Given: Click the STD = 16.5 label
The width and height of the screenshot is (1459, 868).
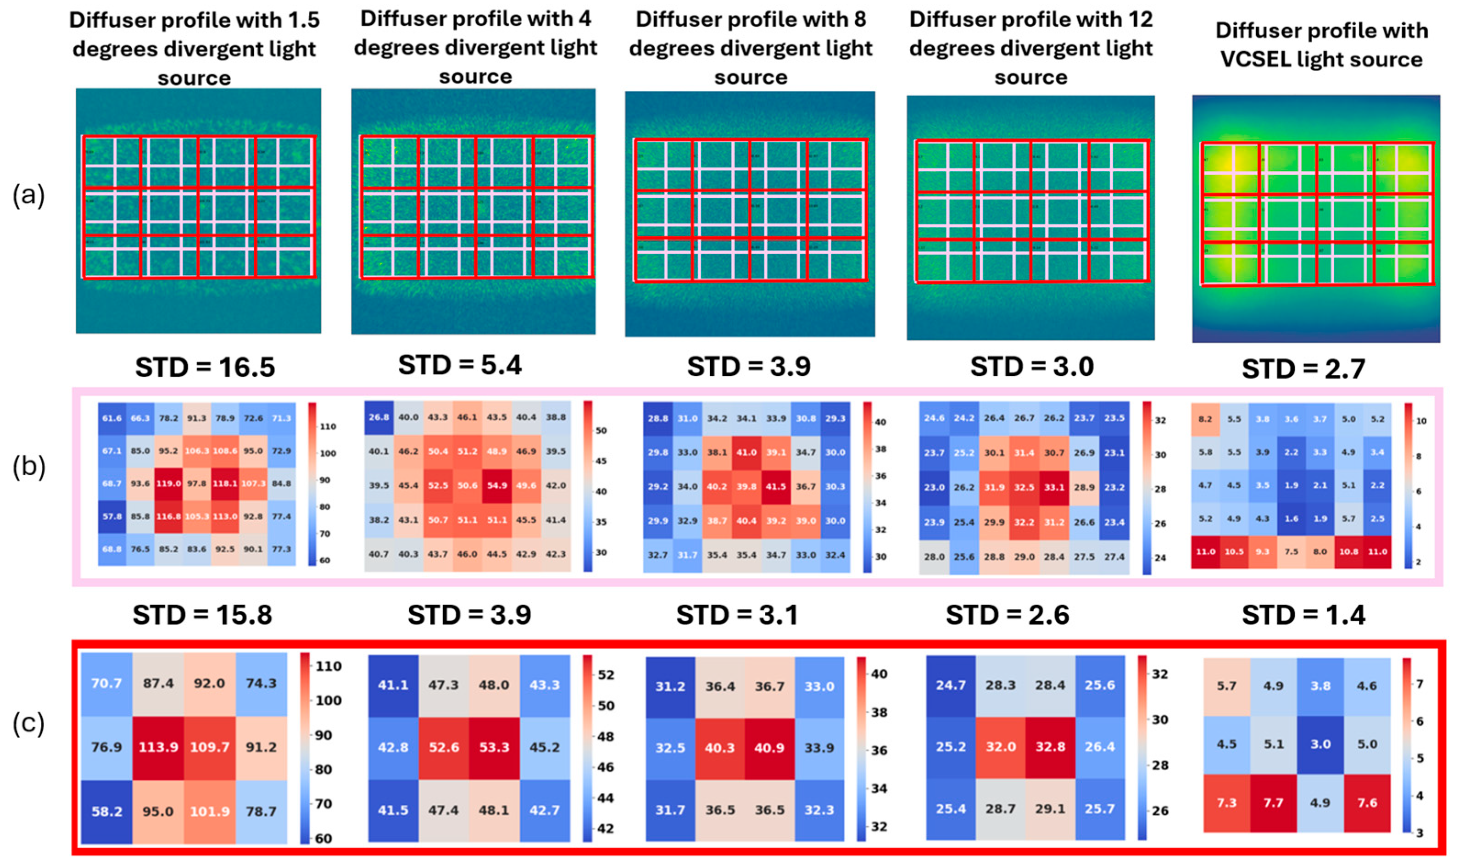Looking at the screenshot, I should pos(205,367).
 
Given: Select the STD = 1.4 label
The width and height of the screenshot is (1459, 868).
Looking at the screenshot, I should pos(1303,615).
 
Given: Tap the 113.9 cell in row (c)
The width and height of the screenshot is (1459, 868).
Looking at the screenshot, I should pos(158,747).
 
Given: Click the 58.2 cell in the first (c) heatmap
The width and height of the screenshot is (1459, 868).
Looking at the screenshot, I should pos(106,811).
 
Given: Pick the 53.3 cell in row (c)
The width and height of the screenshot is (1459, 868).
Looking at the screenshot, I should pos(494,747).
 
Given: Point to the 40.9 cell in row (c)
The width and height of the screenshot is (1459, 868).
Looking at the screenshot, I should pos(769,747).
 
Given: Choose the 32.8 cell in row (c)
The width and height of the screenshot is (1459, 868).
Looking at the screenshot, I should pos(1050,746).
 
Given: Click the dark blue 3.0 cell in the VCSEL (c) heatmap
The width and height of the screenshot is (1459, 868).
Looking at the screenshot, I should pos(1320,744).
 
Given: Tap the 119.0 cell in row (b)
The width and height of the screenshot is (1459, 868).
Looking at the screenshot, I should pos(168,484).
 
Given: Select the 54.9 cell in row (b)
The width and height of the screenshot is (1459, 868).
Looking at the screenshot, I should pos(496,485).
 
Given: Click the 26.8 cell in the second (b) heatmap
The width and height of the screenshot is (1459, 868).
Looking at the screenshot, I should pos(379,417).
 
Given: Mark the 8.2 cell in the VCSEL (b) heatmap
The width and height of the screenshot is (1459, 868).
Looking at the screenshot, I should pos(1205,419).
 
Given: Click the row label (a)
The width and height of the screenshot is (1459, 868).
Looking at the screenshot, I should pos(28,195).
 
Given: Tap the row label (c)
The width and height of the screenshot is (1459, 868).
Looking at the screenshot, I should pos(28,723).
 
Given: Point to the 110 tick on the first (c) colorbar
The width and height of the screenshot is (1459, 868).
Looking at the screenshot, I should pos(329,666).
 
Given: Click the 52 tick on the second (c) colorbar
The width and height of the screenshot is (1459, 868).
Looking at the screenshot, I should pos(606,674).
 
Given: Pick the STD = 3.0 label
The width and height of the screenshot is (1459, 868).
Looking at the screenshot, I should pos(1031,366).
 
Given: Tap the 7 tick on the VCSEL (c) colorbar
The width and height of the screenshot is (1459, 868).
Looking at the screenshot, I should pos(1419,683).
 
